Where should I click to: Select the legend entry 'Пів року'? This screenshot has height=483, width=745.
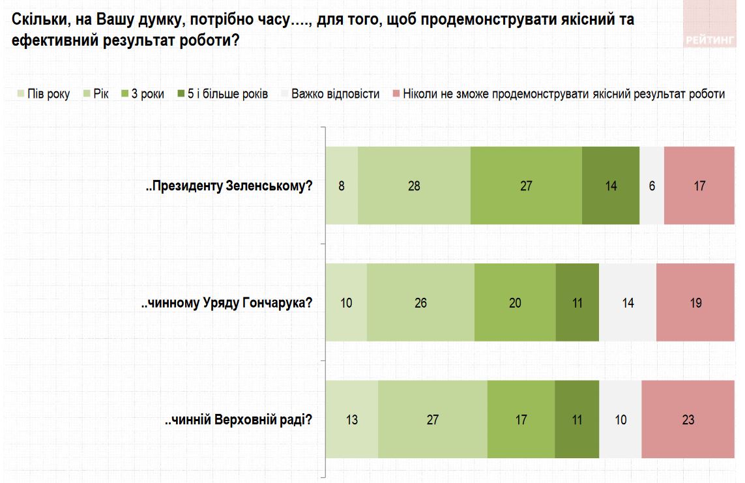[43, 95]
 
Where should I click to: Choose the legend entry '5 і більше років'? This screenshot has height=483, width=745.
[222, 95]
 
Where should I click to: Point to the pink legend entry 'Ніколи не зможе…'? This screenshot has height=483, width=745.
[559, 95]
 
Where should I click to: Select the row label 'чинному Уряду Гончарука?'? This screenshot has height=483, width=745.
[227, 302]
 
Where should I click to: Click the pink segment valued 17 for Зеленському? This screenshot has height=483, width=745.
[699, 186]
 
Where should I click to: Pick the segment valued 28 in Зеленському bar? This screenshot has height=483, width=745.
[414, 186]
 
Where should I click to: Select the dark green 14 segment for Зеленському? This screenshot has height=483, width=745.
[611, 186]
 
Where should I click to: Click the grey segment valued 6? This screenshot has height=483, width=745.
[652, 186]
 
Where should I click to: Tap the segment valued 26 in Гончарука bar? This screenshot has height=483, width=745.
[420, 302]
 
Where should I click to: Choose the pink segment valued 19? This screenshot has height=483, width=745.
[695, 302]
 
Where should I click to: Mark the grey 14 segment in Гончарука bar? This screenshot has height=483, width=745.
[627, 302]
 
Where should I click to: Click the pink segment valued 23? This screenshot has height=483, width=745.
[688, 420]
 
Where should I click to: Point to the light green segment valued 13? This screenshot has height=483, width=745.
[351, 420]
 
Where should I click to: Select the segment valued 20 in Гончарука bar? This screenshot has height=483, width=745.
[515, 302]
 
